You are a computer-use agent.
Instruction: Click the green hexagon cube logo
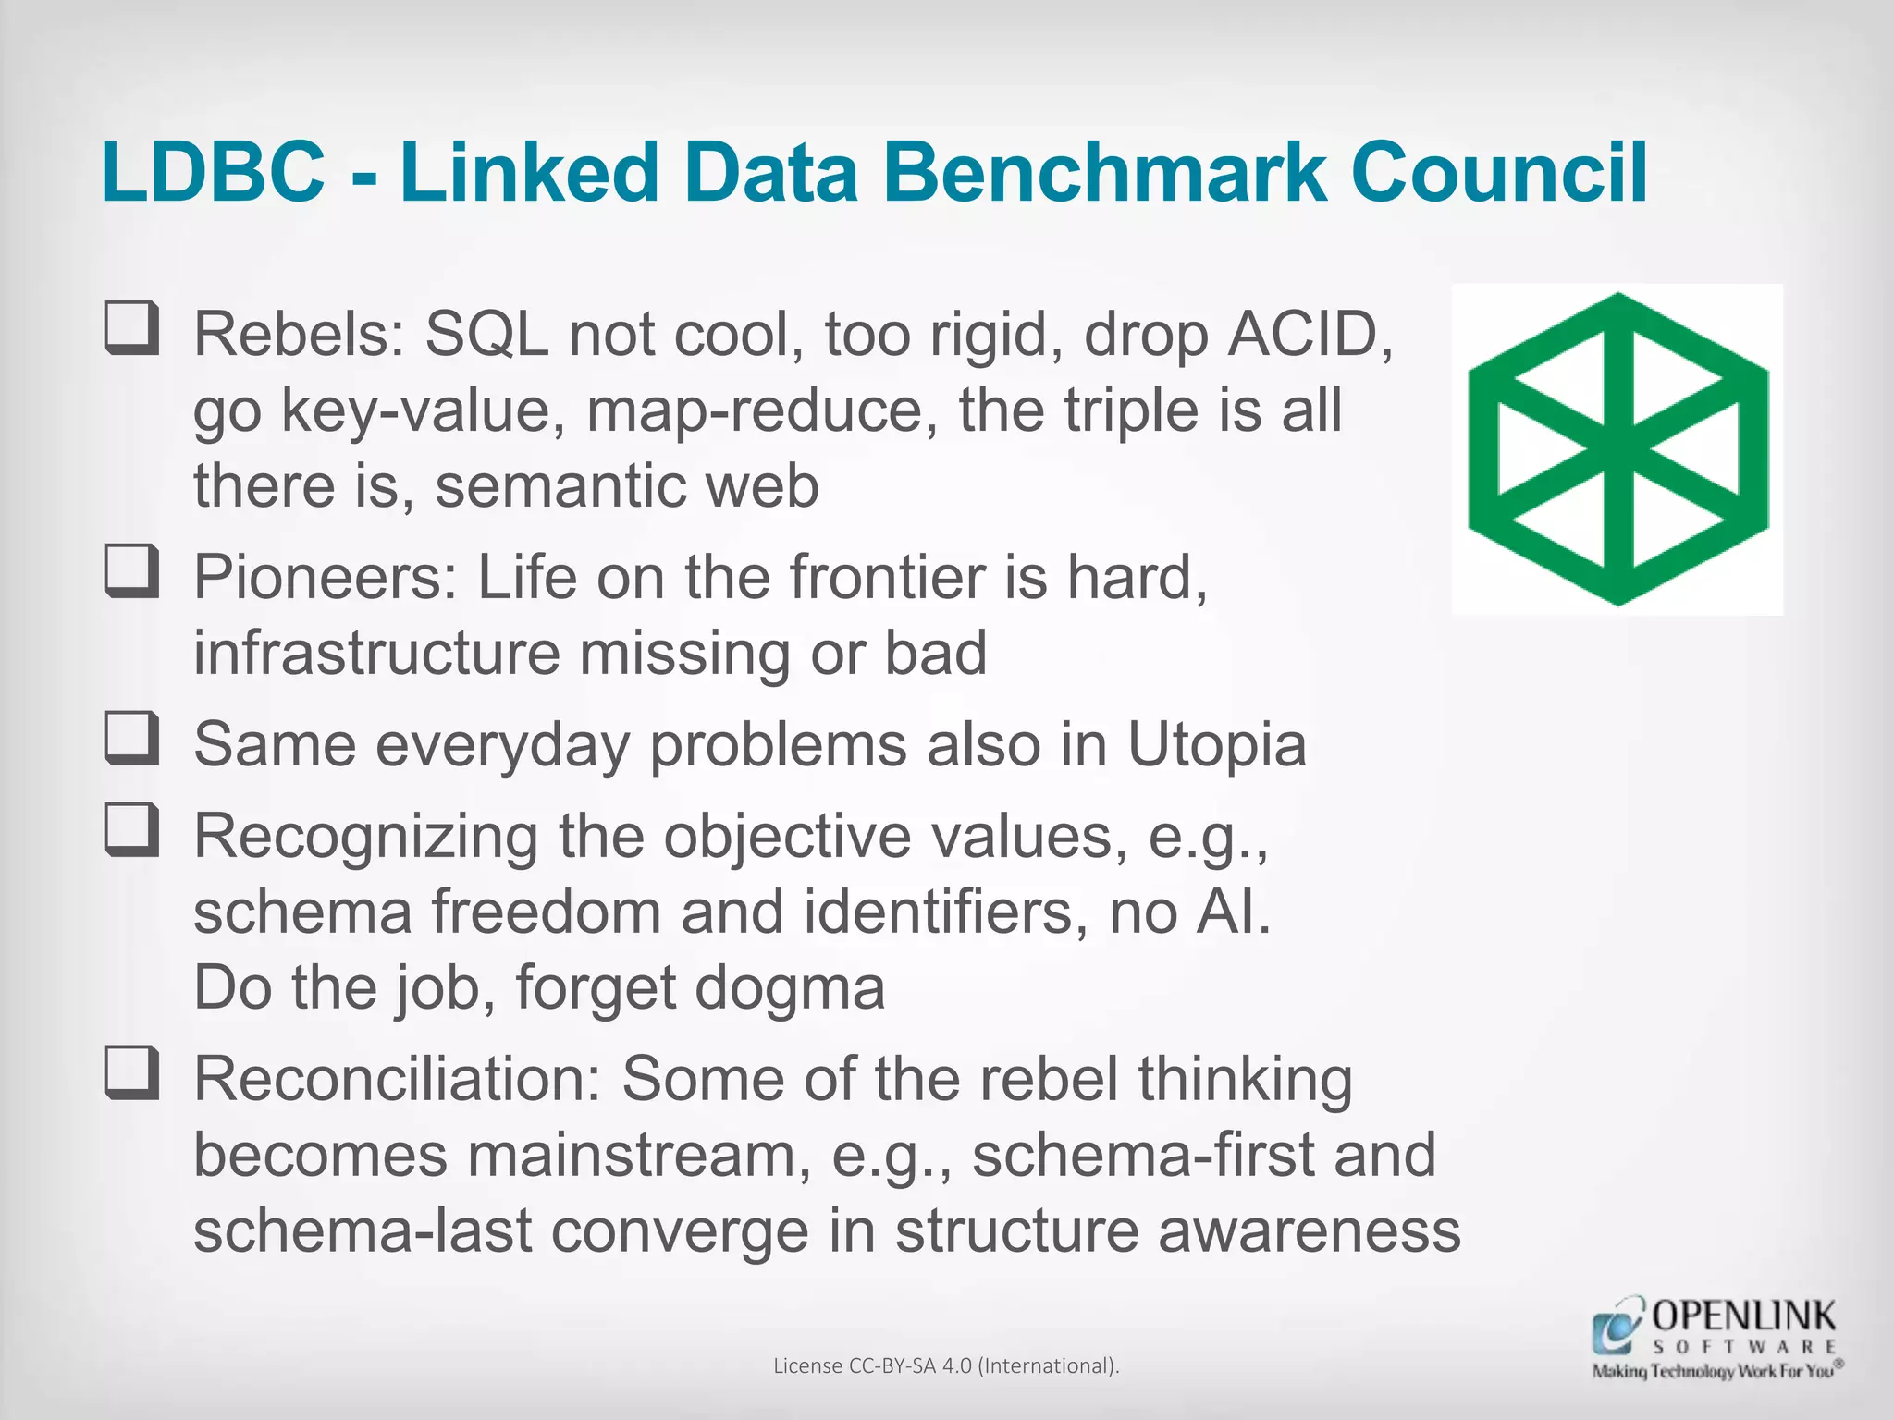(1617, 449)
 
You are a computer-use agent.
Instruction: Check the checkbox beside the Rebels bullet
(131, 328)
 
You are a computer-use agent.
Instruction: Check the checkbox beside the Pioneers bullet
(131, 571)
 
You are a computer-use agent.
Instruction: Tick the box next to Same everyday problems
(131, 739)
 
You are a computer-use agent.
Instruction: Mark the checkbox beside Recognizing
(131, 830)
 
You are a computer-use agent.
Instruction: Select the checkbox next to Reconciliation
(131, 1073)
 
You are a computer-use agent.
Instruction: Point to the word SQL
(486, 334)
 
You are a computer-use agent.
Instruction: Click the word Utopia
(1216, 744)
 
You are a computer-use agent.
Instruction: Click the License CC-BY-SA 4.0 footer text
(946, 1365)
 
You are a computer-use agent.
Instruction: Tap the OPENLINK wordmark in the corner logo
(1743, 1316)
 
